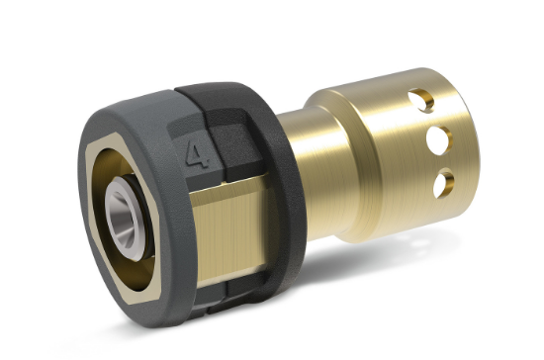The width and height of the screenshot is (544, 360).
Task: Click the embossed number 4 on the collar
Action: [198, 152]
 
